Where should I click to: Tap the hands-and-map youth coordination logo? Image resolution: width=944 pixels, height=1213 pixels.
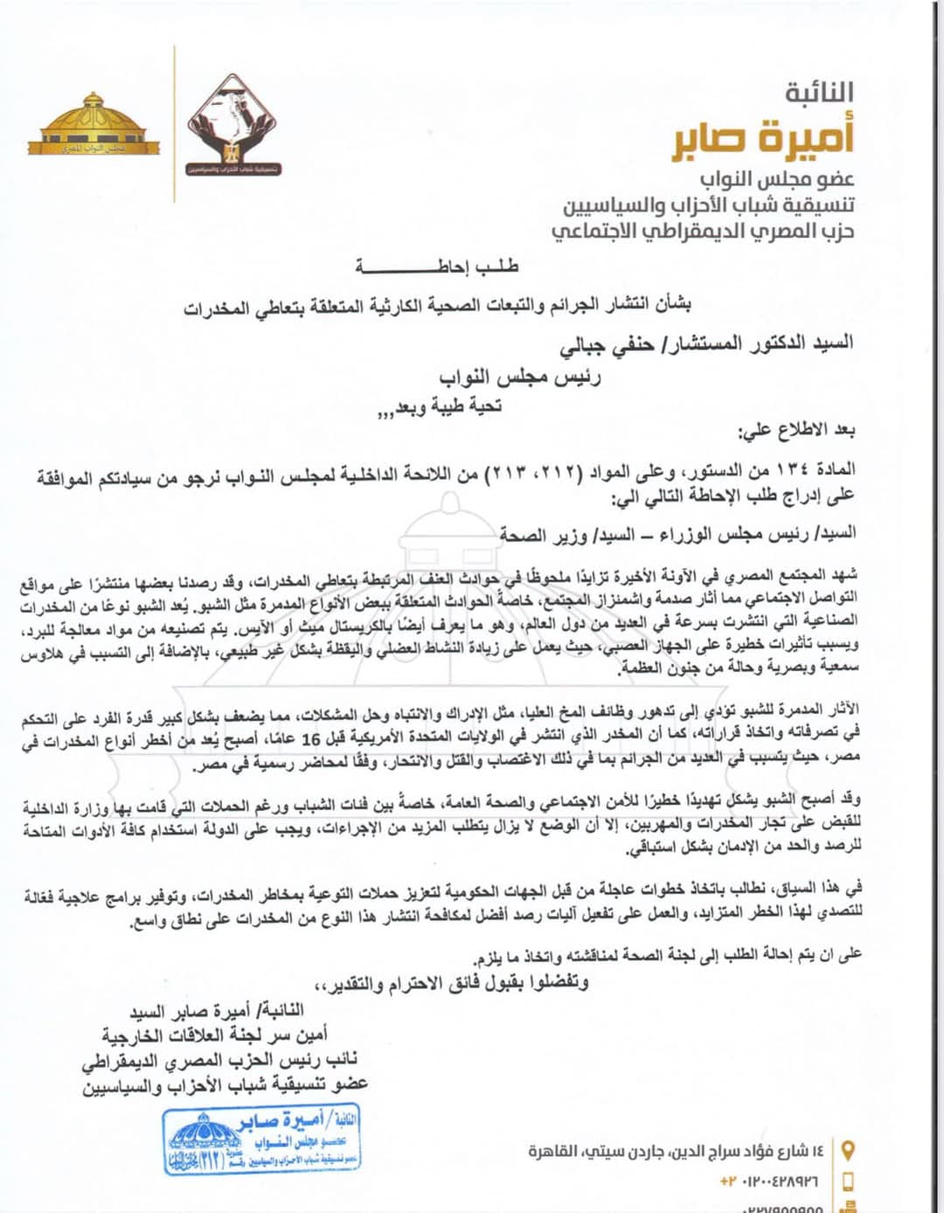(233, 123)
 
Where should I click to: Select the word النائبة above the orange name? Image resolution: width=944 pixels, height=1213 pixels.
(819, 92)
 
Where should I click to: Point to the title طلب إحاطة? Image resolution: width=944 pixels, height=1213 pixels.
(436, 266)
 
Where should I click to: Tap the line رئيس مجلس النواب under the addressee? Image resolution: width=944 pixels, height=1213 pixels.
(519, 377)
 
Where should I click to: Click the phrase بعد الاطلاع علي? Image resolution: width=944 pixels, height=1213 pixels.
(796, 431)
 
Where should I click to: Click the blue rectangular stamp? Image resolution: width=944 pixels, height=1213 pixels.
(262, 1140)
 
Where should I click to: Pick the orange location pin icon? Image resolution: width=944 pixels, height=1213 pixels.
(846, 1150)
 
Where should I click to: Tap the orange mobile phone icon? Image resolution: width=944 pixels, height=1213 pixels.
(846, 1182)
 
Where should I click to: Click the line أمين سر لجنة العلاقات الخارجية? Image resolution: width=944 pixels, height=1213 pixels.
(215, 1036)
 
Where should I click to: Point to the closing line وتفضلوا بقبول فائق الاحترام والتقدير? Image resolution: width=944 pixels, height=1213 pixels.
(455, 983)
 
